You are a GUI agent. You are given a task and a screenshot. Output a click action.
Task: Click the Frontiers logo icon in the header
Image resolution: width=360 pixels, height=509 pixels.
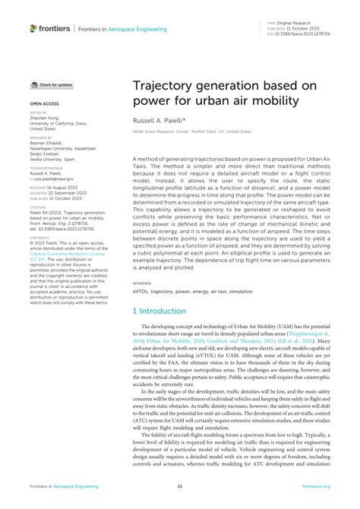click(33, 28)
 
